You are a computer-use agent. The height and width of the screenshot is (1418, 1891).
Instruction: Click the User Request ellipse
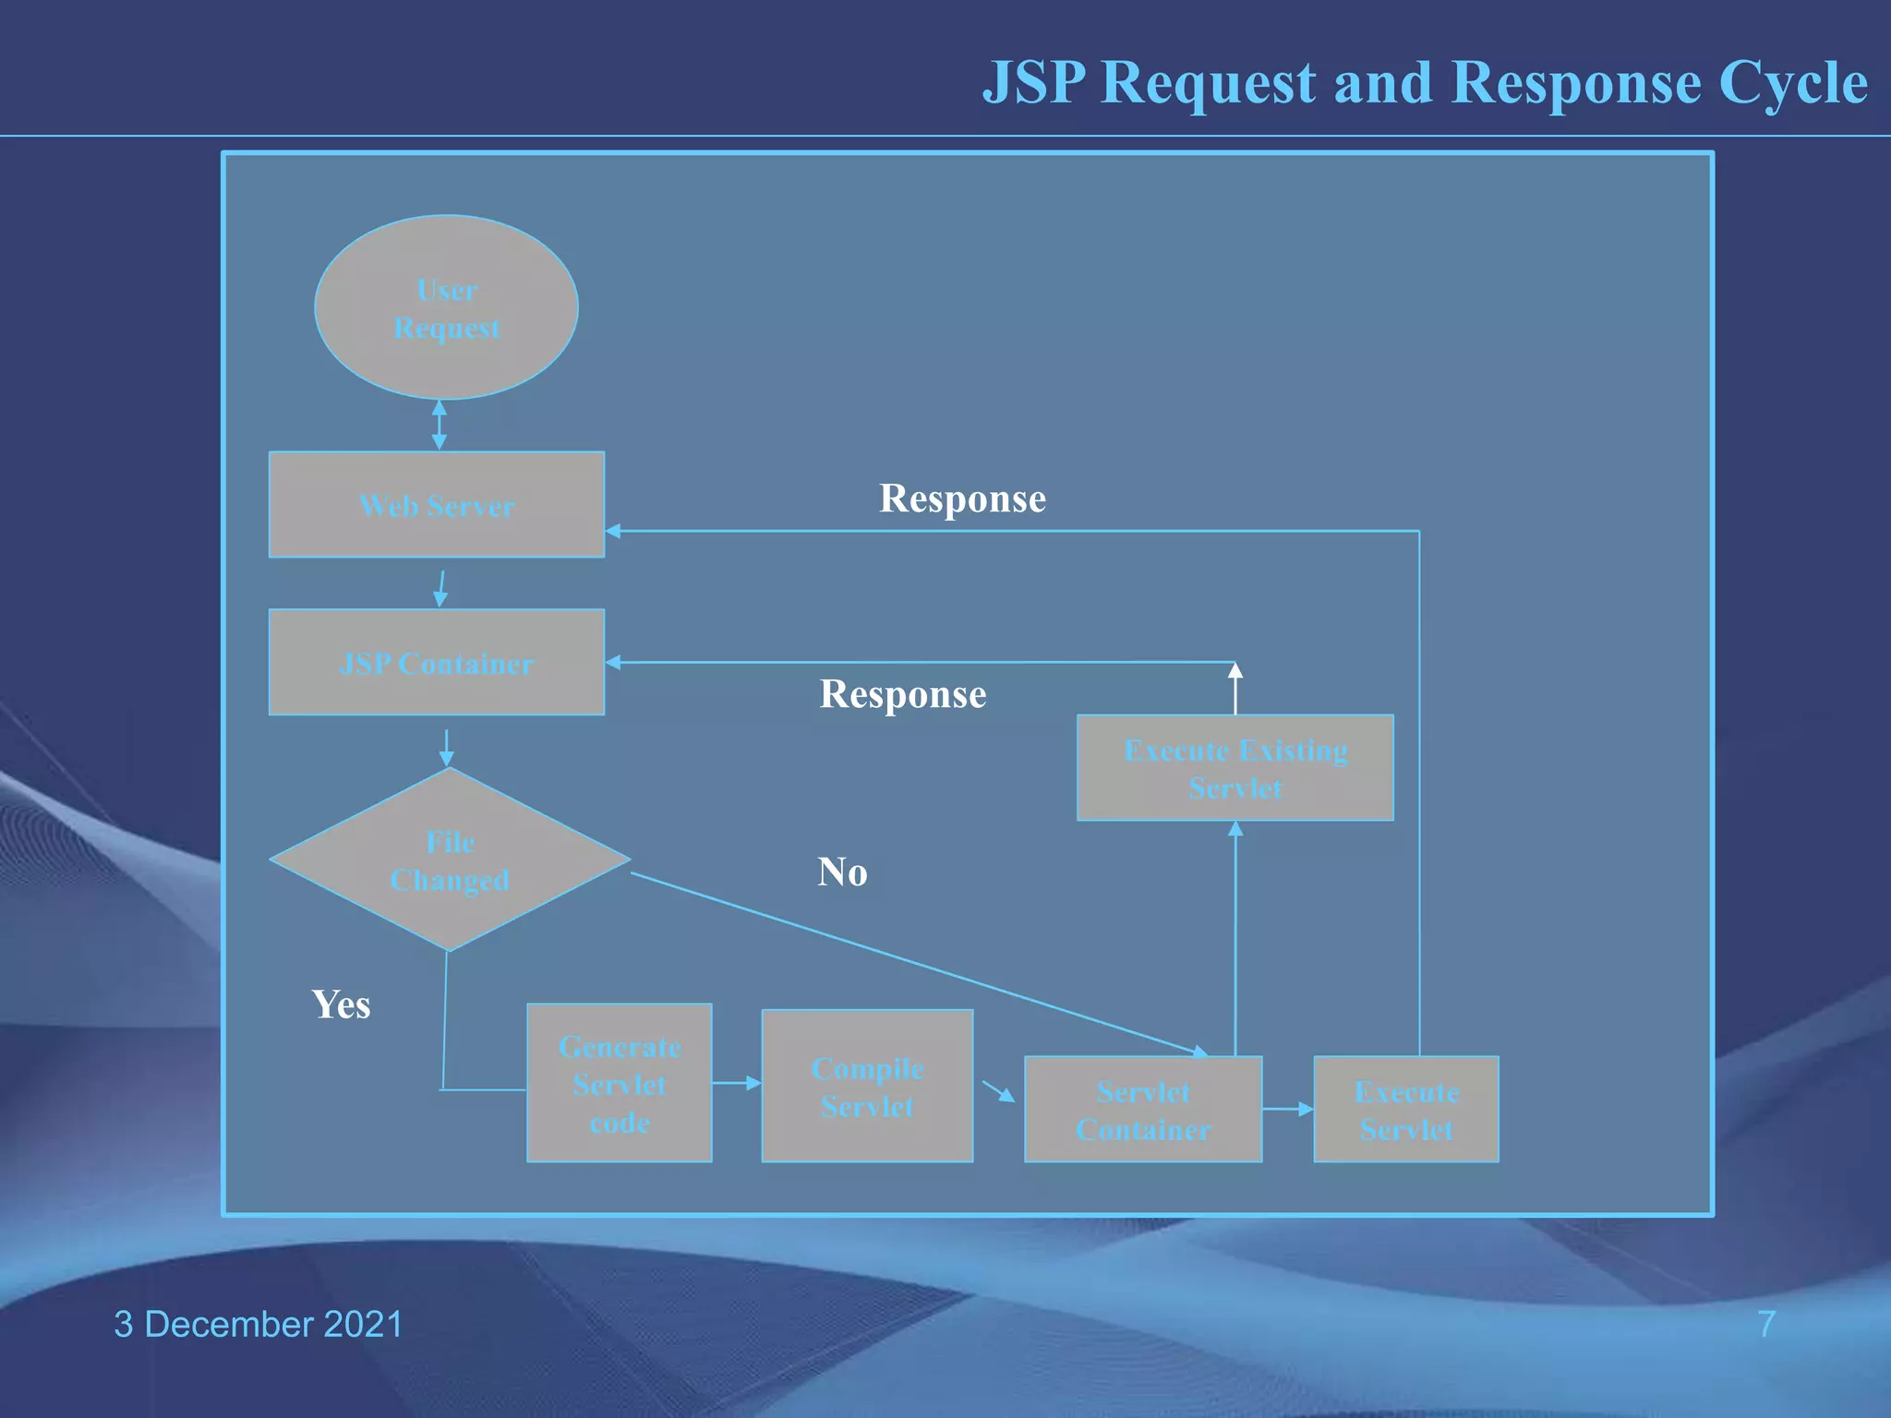pos(446,307)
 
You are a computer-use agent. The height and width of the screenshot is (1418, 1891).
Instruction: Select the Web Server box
pos(437,504)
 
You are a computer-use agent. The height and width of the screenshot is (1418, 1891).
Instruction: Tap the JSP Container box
pos(437,662)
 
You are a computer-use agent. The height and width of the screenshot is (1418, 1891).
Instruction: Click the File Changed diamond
pos(450,859)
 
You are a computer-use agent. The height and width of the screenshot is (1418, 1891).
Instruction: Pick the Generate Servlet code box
pos(619,1083)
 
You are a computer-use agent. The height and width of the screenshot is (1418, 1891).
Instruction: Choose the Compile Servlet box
pos(867,1086)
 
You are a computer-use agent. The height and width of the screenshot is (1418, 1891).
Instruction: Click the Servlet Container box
pos(1143,1109)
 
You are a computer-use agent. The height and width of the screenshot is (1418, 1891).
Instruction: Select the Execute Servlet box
pos(1405,1109)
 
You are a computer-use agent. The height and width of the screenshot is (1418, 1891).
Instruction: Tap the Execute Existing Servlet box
pos(1235,767)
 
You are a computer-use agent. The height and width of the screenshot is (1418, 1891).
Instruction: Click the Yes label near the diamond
pos(341,1004)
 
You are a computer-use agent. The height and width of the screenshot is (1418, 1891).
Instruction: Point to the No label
pos(842,871)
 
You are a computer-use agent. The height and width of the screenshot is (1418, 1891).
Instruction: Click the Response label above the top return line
pos(962,499)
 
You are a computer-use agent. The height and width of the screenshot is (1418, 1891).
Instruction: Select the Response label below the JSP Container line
pos(903,694)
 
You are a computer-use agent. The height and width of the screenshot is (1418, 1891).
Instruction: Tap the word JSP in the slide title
pos(1033,83)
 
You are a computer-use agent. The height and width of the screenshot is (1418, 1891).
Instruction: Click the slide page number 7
pos(1766,1324)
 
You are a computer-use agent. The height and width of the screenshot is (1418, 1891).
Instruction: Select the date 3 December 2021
pos(259,1324)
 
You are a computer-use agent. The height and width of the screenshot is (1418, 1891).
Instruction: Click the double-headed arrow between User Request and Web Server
pos(440,425)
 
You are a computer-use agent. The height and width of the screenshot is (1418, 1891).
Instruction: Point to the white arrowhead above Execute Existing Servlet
pos(1235,671)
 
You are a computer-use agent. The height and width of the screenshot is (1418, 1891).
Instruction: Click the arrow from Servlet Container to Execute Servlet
pos(1287,1109)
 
